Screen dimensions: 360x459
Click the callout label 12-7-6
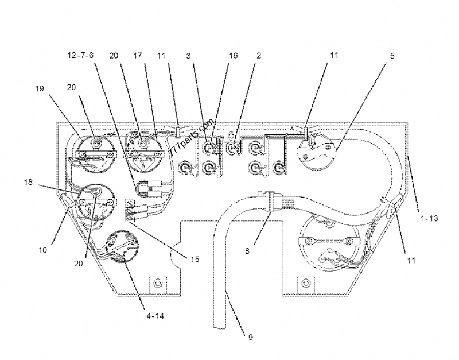click(80, 56)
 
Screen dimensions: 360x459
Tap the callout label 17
click(138, 56)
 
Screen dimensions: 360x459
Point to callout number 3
click(188, 56)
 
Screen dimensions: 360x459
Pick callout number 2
click(259, 56)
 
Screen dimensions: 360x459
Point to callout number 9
click(250, 337)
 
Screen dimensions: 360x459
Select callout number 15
click(195, 260)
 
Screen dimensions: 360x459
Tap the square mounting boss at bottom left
click(156, 284)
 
